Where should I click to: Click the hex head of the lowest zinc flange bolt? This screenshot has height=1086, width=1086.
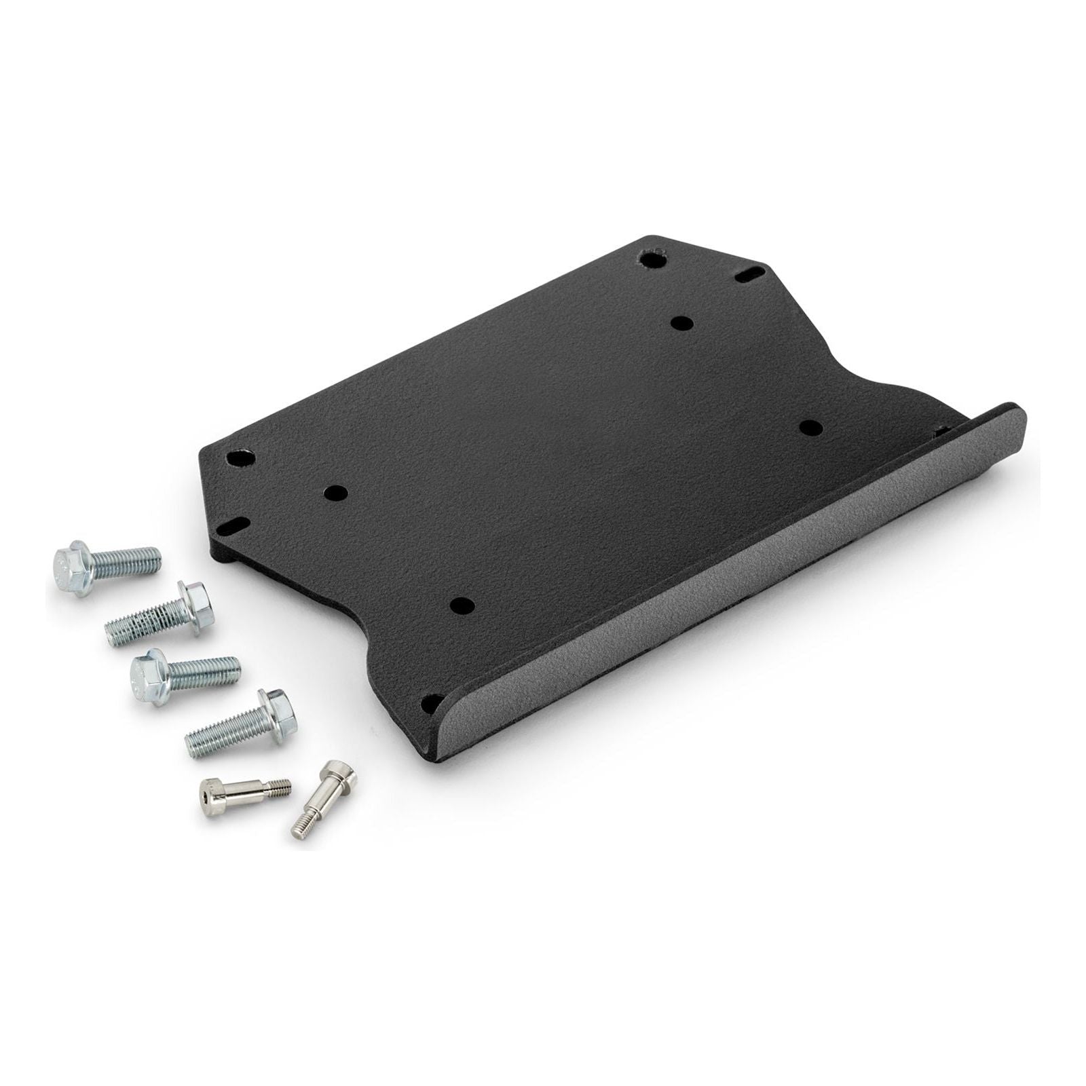(276, 710)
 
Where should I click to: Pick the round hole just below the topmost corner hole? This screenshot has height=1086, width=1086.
(681, 322)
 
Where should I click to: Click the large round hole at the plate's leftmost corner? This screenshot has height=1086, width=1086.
(240, 458)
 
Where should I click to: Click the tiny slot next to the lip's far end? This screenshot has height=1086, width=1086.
(941, 430)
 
